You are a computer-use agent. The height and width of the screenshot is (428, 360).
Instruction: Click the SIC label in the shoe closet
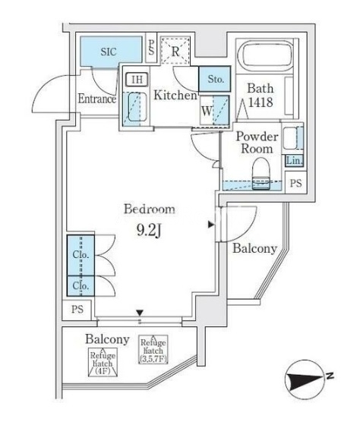pos(109,52)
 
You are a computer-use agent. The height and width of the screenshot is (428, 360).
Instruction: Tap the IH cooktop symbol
pos(137,80)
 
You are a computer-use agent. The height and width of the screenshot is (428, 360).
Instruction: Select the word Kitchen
pos(175,95)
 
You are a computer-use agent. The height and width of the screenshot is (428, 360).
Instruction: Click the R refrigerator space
pos(175,51)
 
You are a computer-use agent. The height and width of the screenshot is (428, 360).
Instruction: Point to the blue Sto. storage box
pos(215,79)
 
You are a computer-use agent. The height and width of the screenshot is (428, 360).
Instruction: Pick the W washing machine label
pos(207,111)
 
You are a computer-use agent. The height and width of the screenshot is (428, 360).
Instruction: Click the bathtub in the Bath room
pos(264,55)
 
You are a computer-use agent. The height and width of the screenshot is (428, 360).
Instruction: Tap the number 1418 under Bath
pos(261,102)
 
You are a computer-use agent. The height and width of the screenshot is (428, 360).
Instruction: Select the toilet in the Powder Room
pos(261,174)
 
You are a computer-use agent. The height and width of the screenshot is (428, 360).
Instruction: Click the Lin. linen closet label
pos(295,161)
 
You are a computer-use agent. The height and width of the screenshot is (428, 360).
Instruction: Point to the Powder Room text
pos(257,143)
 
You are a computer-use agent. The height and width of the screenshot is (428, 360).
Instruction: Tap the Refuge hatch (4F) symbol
pos(103,362)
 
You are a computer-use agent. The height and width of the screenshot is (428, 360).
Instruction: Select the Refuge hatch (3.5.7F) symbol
pos(153,349)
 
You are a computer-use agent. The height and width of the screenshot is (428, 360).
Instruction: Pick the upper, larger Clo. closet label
pos(81,255)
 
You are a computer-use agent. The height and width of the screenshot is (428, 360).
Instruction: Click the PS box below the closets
pos(77,310)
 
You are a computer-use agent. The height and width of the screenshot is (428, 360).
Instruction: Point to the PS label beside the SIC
pos(151,47)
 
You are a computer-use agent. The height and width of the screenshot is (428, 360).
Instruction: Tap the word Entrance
pos(96,99)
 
